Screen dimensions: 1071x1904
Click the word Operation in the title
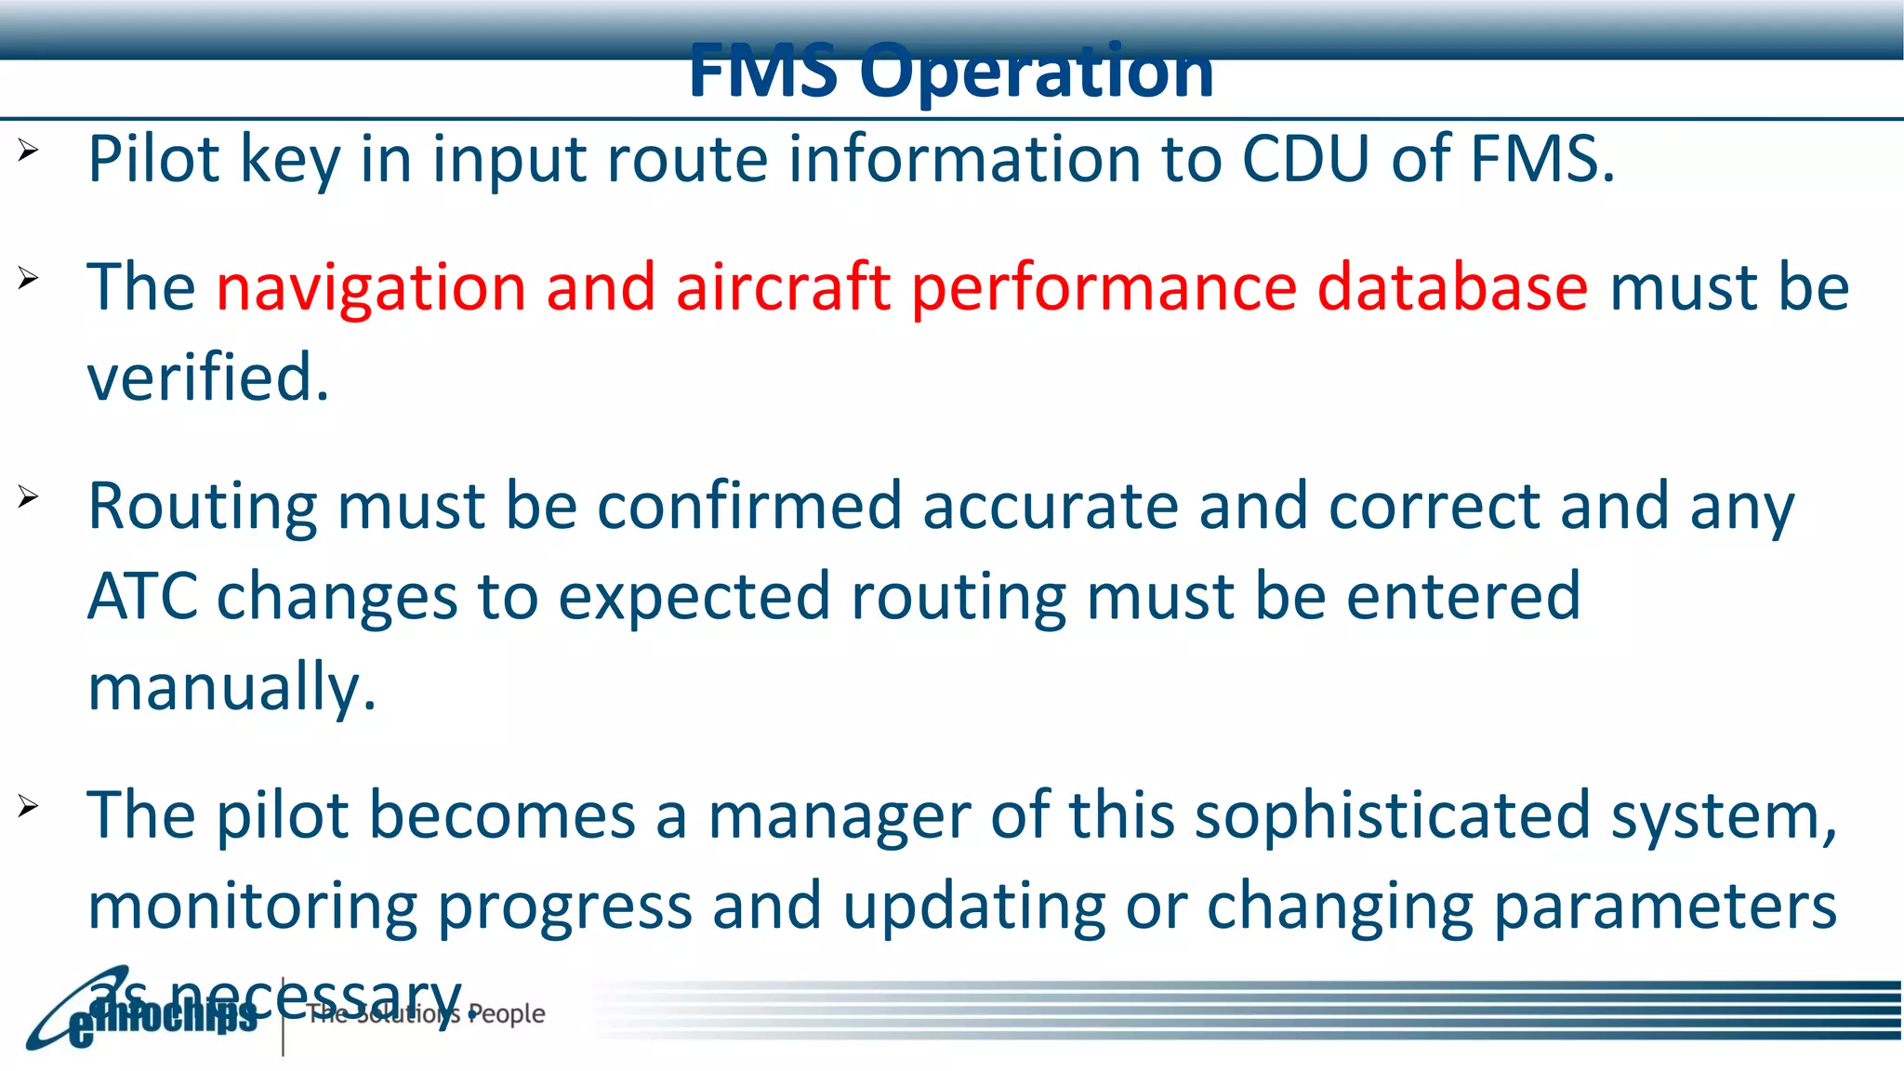pos(1036,73)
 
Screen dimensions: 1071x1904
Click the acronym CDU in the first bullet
pos(1305,159)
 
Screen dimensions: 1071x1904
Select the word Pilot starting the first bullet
pos(153,159)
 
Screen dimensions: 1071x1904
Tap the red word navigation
pos(371,287)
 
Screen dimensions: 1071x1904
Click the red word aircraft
pos(783,287)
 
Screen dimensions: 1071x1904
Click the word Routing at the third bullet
pos(202,507)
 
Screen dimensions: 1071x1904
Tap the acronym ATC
pos(141,596)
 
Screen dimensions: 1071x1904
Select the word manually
pos(231,687)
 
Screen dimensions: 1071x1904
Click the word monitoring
pos(252,906)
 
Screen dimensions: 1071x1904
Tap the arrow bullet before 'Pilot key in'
pos(28,150)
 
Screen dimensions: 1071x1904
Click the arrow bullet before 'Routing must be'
pos(28,496)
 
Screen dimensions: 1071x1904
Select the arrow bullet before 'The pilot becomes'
pos(28,805)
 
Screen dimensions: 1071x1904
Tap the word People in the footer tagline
pos(507,1013)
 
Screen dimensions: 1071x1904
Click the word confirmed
pos(749,507)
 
